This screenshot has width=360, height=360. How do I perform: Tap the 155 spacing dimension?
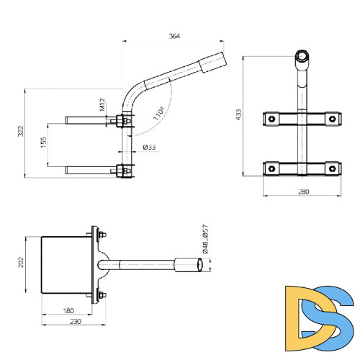pos(43,143)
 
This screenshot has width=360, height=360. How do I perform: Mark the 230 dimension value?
pos(74,322)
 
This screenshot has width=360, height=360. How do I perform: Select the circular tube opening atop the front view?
pos(302,56)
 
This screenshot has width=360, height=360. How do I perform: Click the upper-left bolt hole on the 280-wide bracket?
pos(271,118)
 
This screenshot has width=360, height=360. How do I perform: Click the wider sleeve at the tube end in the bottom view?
pos(192,265)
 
